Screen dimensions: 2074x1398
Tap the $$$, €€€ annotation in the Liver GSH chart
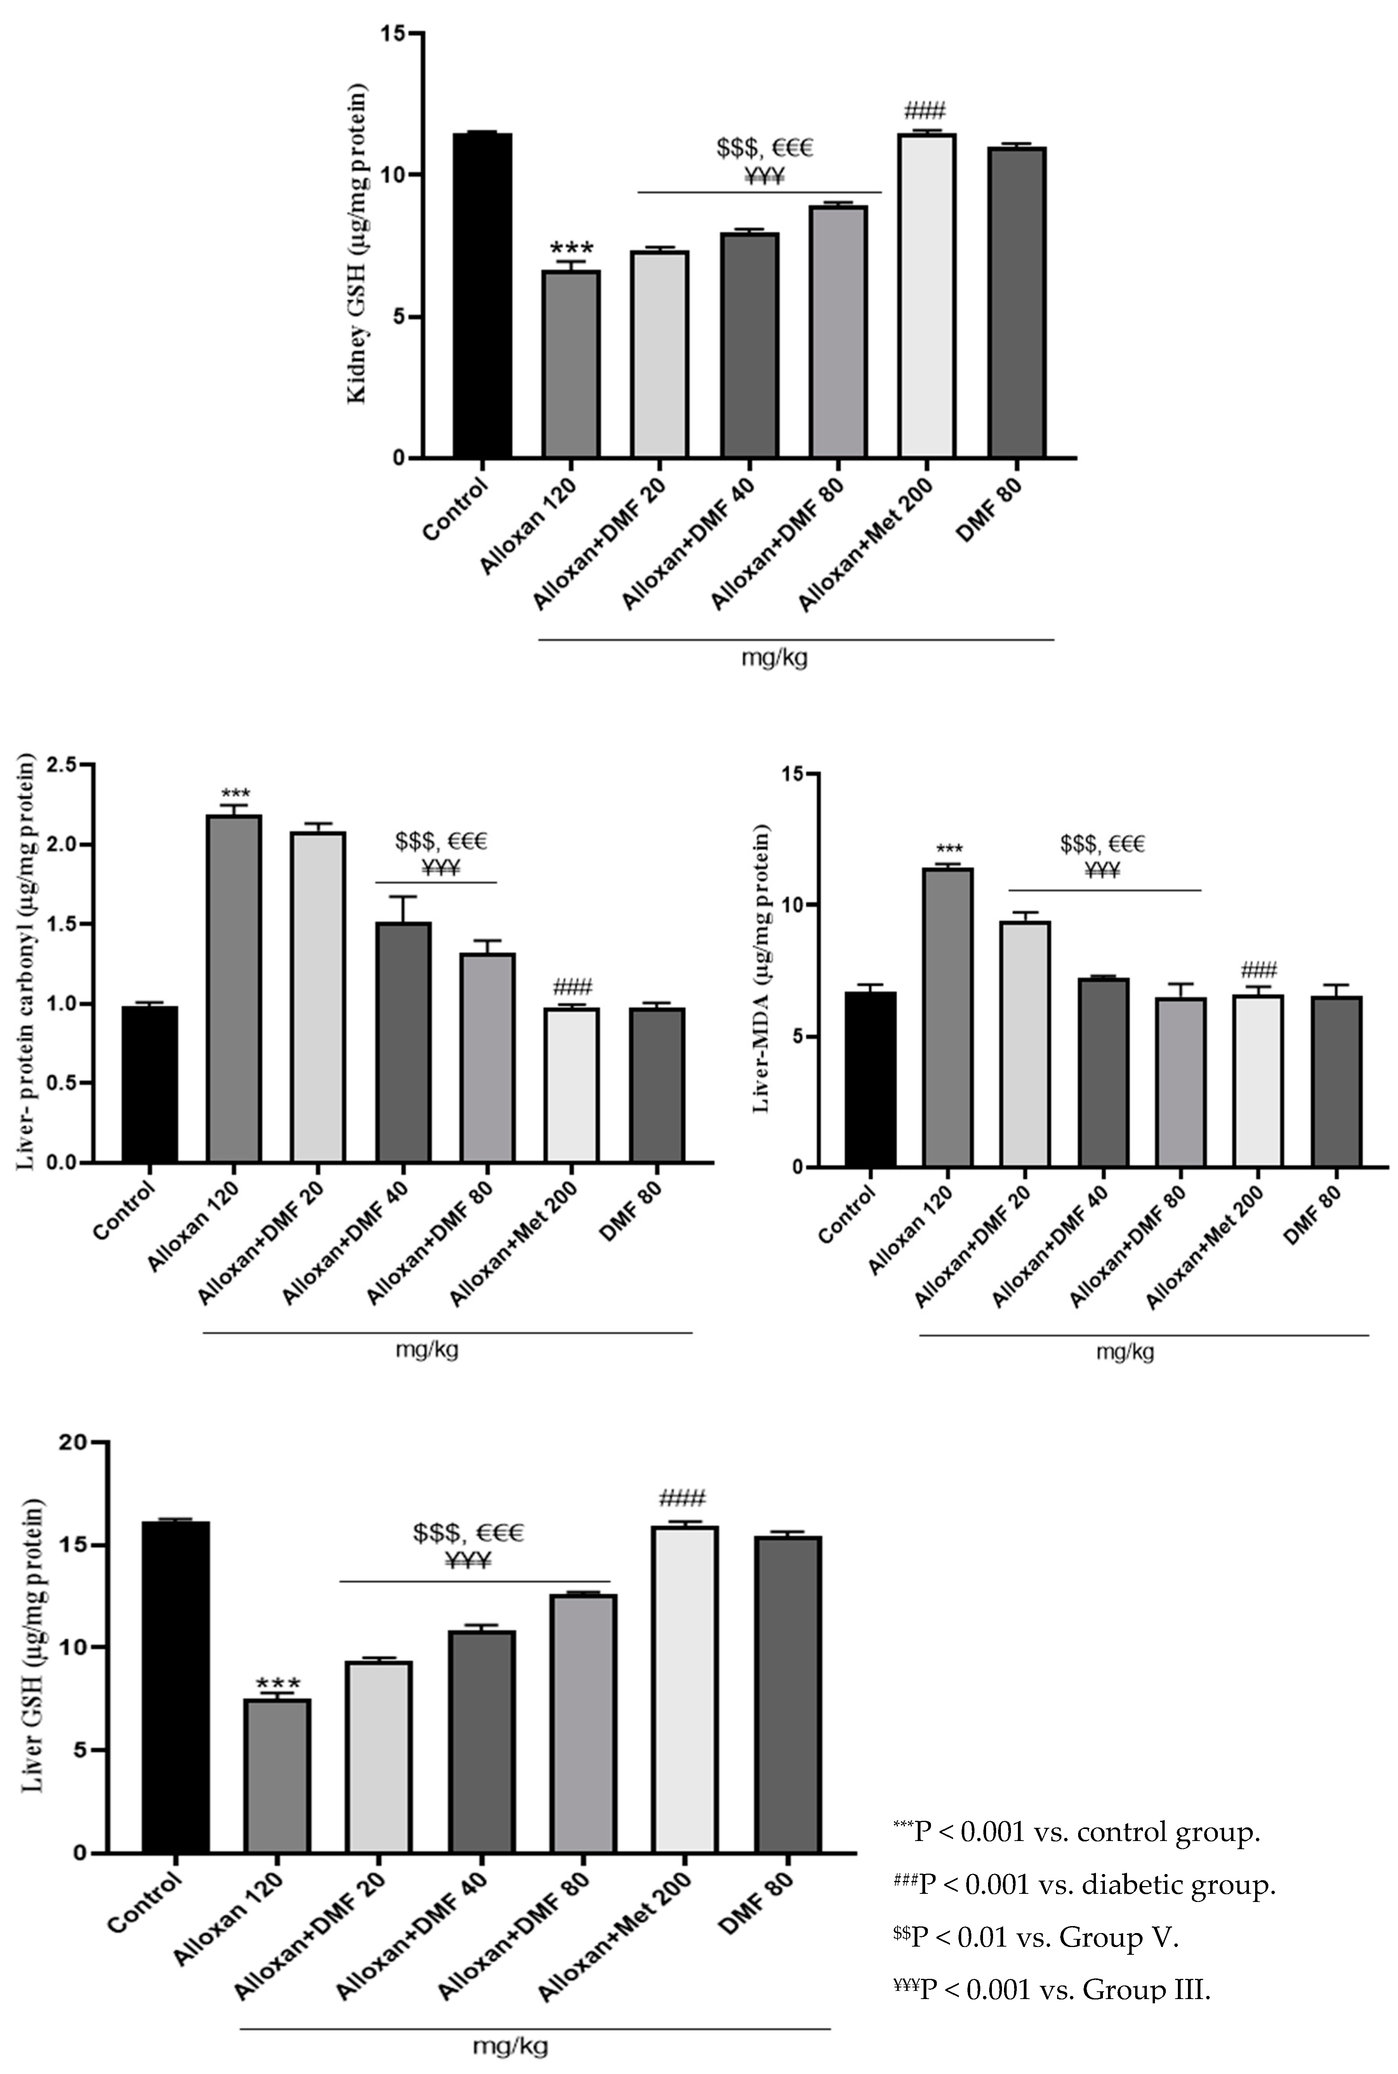pyautogui.click(x=468, y=1532)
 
